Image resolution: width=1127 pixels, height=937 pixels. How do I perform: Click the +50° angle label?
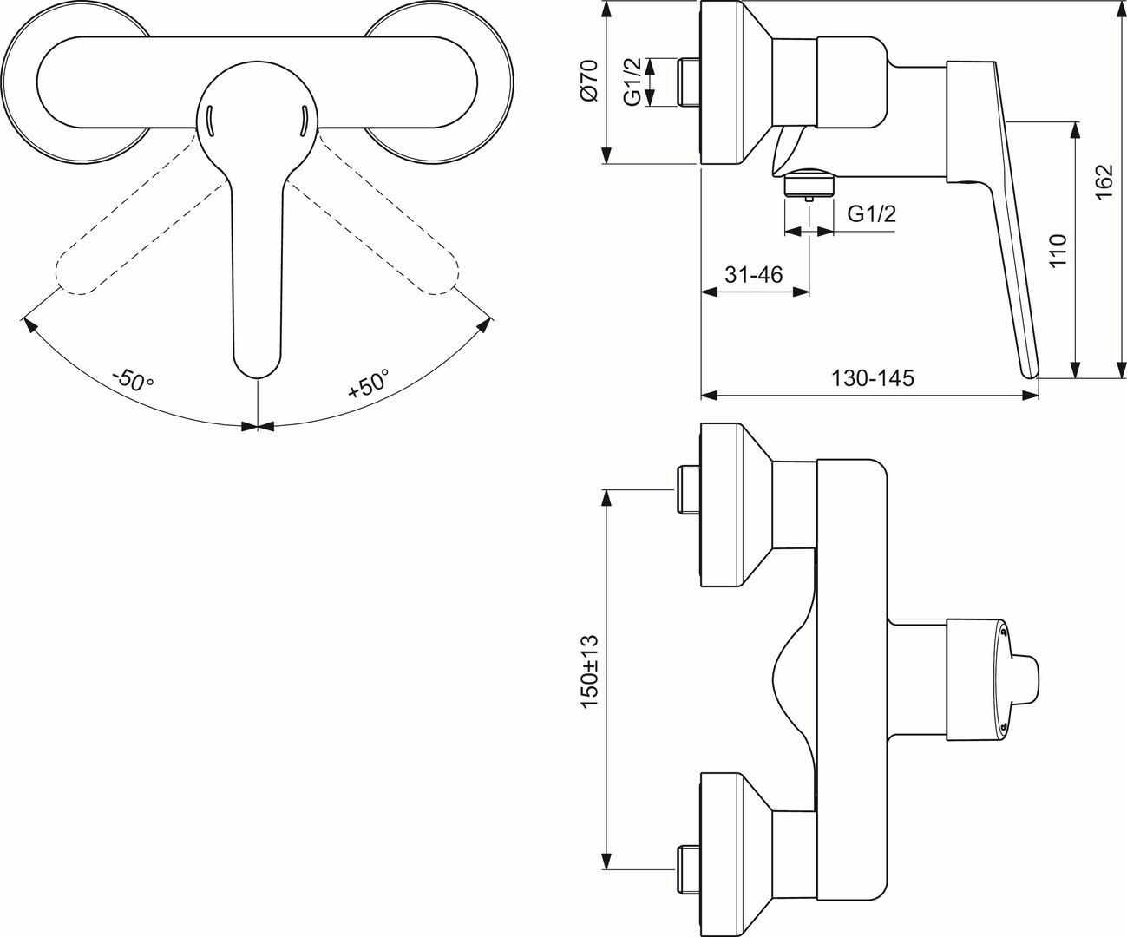point(369,383)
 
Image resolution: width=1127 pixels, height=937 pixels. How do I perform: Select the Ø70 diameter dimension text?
point(589,83)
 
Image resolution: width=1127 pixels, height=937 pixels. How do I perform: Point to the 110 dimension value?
point(1057,251)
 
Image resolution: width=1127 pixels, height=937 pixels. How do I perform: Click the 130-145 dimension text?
point(873,379)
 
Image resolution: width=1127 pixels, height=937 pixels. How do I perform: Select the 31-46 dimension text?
point(754,275)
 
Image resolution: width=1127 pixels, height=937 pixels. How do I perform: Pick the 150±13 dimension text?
point(590,672)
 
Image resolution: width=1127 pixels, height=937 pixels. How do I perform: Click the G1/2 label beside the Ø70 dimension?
point(634,83)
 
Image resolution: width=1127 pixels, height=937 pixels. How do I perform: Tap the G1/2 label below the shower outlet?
point(871,213)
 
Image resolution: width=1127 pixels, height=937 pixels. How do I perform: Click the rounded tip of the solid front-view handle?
point(258,364)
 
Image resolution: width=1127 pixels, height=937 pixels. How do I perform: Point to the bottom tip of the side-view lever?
point(1032,372)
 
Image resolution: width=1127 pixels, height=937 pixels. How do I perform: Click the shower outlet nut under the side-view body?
point(809,184)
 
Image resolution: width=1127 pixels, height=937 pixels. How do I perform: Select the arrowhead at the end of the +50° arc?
point(484,325)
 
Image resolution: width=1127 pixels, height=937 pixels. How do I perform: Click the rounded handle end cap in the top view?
point(1025,676)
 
